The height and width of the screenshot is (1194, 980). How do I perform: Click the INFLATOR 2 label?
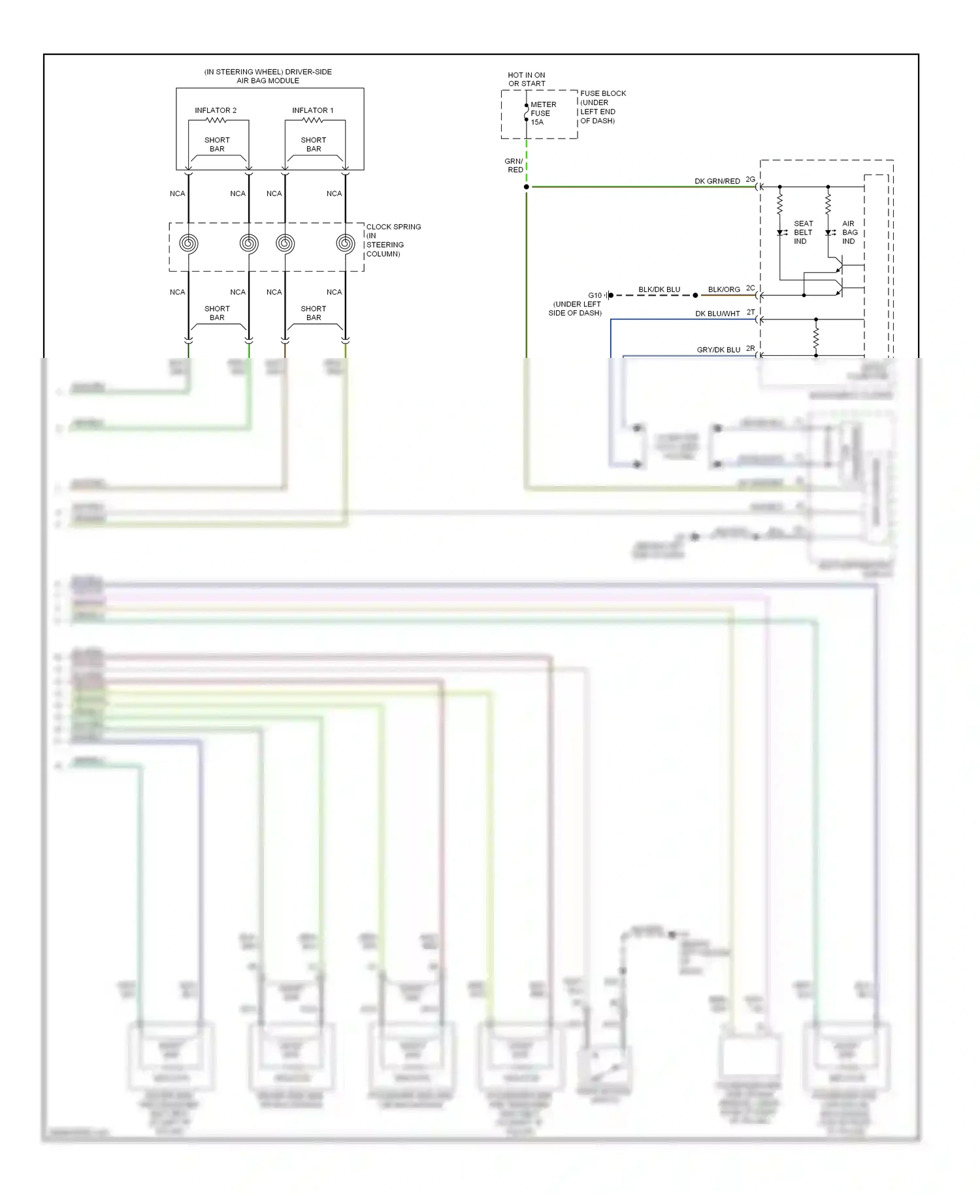216,110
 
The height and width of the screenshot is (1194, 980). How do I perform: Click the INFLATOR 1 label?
312,110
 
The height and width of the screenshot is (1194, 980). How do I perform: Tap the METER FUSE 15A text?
542,113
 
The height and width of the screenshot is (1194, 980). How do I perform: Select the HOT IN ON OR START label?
527,79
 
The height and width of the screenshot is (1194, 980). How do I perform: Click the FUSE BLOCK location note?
602,107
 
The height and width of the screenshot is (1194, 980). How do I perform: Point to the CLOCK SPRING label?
393,240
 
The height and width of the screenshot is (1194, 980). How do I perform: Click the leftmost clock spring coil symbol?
189,244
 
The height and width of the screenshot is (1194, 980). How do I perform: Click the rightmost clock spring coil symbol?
345,244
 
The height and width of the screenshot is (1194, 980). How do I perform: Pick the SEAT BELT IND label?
803,233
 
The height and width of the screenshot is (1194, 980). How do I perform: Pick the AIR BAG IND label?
849,233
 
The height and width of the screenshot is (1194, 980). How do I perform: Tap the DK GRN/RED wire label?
717,181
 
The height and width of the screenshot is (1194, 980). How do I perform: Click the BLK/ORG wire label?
724,289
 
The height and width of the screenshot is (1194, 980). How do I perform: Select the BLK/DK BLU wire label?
659,289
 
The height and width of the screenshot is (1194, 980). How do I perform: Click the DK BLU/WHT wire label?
717,314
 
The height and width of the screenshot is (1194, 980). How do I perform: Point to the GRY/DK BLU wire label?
718,350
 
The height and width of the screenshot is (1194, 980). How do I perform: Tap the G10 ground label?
595,295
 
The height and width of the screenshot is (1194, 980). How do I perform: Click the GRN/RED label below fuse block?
514,165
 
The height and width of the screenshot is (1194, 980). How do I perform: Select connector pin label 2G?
750,179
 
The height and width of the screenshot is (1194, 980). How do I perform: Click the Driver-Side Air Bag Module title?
268,76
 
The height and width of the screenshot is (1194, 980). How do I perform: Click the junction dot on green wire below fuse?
527,187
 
